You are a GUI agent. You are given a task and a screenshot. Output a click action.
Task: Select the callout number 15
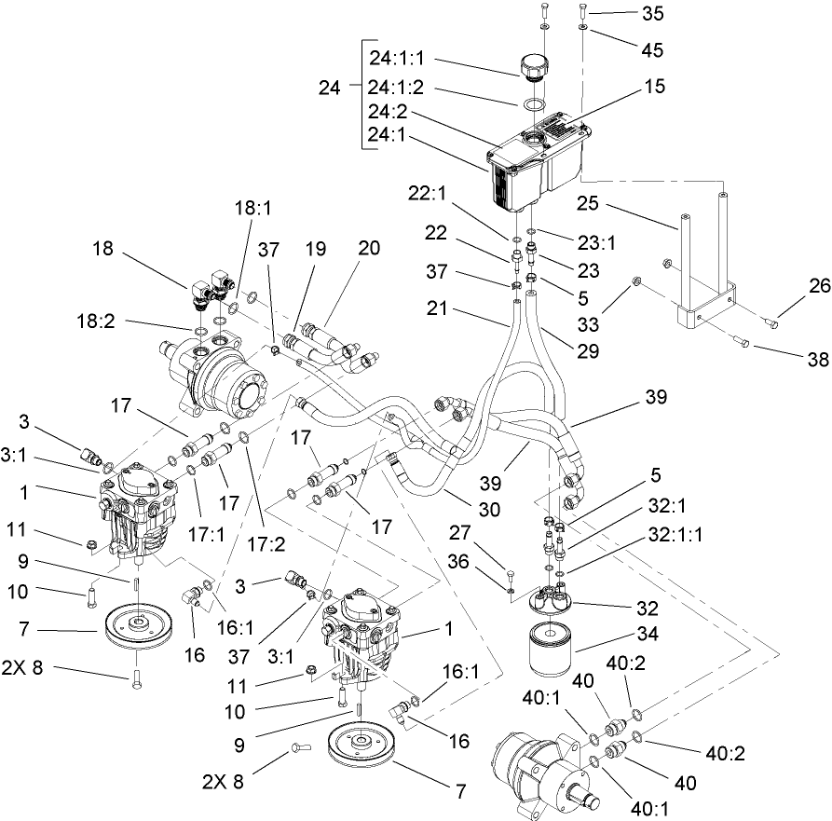click(654, 86)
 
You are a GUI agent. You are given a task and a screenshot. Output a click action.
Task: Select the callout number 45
click(652, 48)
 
